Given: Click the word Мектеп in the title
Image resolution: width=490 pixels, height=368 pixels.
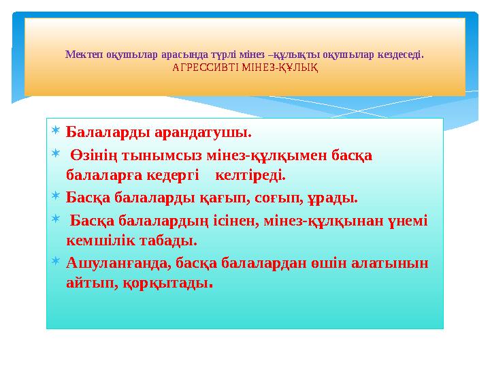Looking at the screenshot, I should [80, 53].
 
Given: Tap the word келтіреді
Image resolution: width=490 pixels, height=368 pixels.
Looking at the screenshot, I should [250, 175].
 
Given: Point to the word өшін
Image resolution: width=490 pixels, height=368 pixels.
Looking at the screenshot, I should [336, 263].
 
